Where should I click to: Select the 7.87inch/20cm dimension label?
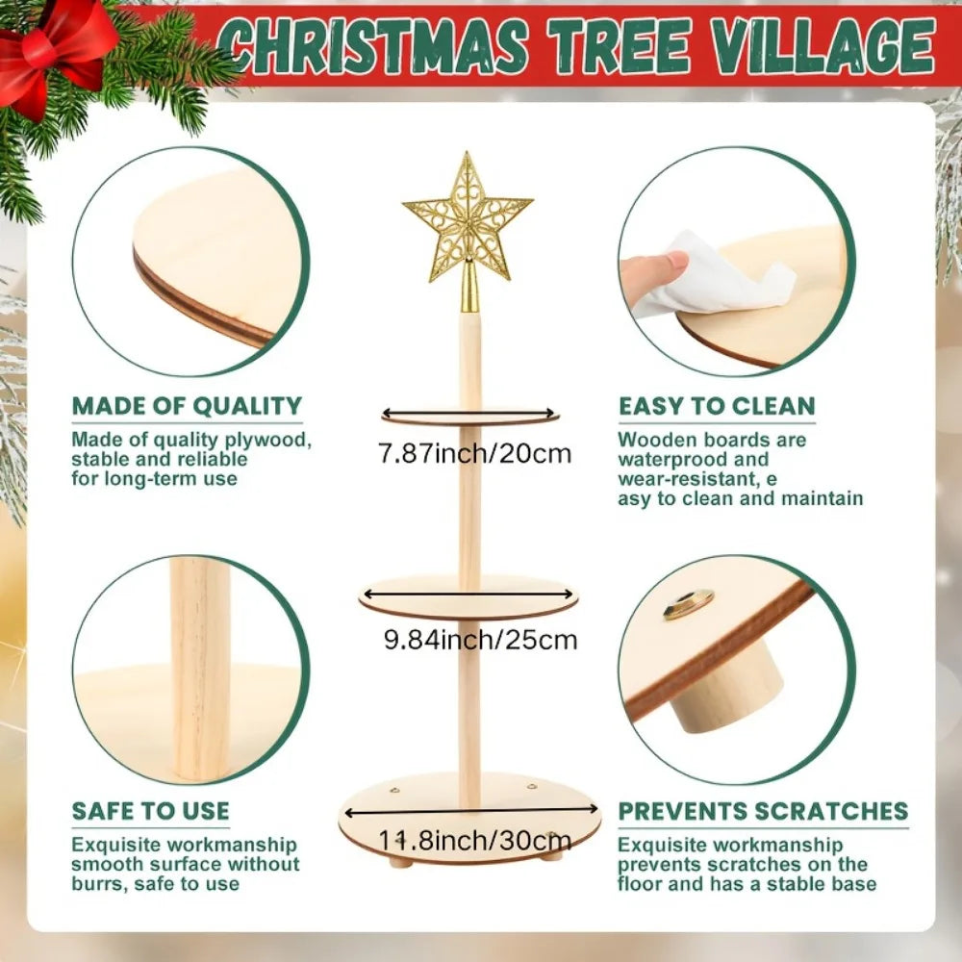(475, 453)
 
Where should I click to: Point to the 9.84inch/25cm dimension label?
(480, 639)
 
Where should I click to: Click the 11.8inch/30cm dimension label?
(472, 840)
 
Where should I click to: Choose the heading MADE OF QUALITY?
(187, 406)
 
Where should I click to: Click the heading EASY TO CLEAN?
(717, 406)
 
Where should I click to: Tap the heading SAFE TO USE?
(151, 811)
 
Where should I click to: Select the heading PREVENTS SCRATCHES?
(763, 811)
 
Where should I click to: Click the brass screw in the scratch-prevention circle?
(688, 604)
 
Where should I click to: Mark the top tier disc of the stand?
(470, 417)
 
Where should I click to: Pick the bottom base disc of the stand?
(469, 817)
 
